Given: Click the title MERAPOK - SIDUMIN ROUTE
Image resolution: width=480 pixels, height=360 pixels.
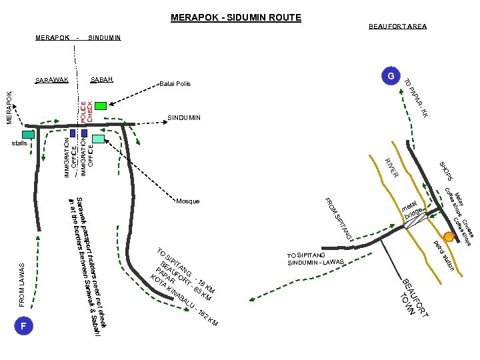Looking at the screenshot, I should point(236,17).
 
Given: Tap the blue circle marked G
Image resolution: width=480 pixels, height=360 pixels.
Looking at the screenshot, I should point(391,76).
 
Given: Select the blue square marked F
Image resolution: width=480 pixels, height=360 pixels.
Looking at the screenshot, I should point(23,326).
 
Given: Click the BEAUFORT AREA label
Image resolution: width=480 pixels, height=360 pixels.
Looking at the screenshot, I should point(397,27).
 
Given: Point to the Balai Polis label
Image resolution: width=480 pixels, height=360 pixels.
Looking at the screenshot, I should point(175,84).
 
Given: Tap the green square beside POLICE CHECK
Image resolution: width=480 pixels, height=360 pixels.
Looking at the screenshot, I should point(101,105).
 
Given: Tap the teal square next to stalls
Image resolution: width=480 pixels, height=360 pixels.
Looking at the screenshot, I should point(28,134).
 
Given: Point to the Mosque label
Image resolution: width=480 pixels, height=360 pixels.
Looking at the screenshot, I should point(188,201).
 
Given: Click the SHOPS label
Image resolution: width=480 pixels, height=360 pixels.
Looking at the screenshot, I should point(447,171).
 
